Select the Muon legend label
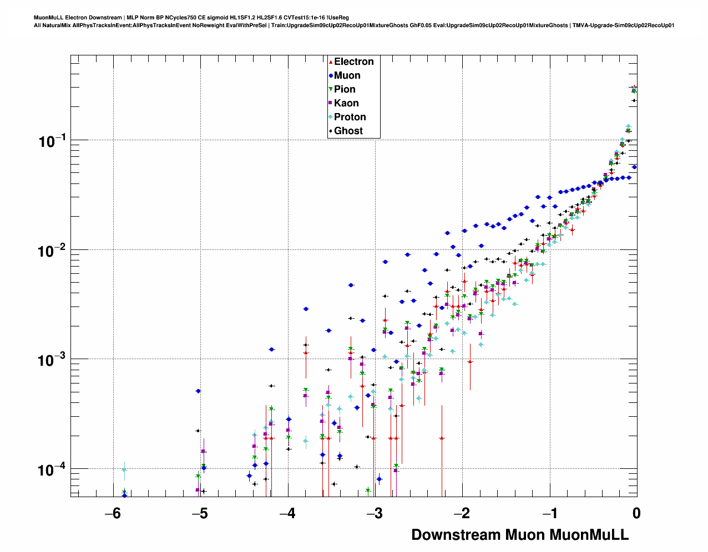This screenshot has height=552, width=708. (x=347, y=75)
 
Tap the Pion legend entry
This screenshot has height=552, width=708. (x=345, y=89)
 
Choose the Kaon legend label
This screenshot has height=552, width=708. (x=346, y=103)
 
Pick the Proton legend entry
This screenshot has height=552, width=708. (x=350, y=117)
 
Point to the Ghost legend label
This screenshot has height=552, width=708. (x=348, y=131)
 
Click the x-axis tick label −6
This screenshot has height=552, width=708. (x=113, y=513)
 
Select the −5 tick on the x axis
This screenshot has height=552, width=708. (x=200, y=513)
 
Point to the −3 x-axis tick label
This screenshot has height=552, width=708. (x=375, y=513)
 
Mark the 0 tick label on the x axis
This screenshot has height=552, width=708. (x=636, y=513)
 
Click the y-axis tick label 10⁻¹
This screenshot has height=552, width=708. (x=52, y=141)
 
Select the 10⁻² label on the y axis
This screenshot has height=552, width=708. (x=52, y=251)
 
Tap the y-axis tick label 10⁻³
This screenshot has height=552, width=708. (x=52, y=360)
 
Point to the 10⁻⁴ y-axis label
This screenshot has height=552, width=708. (x=52, y=470)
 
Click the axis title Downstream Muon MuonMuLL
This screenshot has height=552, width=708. (x=520, y=535)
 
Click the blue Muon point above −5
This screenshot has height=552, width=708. (x=198, y=391)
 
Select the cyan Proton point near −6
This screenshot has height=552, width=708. (x=124, y=470)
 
